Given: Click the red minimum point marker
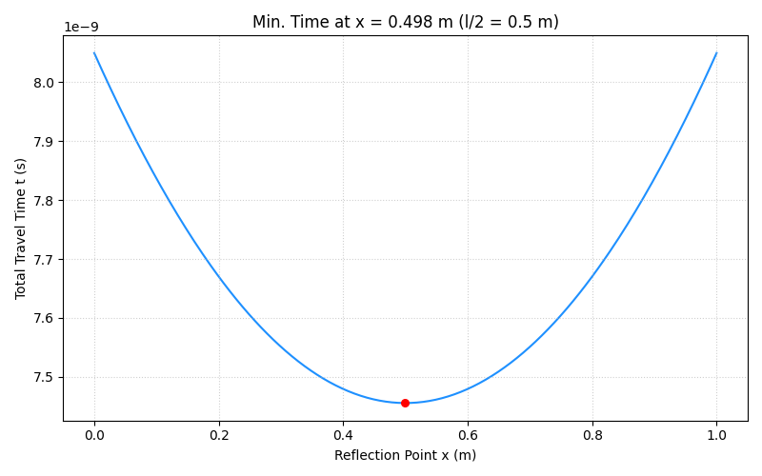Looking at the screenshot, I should [405, 403].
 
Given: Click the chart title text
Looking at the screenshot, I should [405, 22].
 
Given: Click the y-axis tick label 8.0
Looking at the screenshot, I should [44, 83].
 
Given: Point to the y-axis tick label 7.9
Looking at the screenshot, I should [44, 142].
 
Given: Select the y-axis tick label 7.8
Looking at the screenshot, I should [44, 201].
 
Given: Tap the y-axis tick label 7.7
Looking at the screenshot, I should [44, 260].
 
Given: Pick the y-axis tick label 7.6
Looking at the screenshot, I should [44, 319].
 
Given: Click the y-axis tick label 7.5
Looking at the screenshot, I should [44, 378].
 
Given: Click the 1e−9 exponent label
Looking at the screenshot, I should [81, 28].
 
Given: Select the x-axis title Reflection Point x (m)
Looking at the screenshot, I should [405, 455].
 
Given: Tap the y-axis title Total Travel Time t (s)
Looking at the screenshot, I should [21, 228].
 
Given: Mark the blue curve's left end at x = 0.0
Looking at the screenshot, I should [94, 53].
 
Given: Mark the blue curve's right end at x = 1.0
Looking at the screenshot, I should [716, 53].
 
